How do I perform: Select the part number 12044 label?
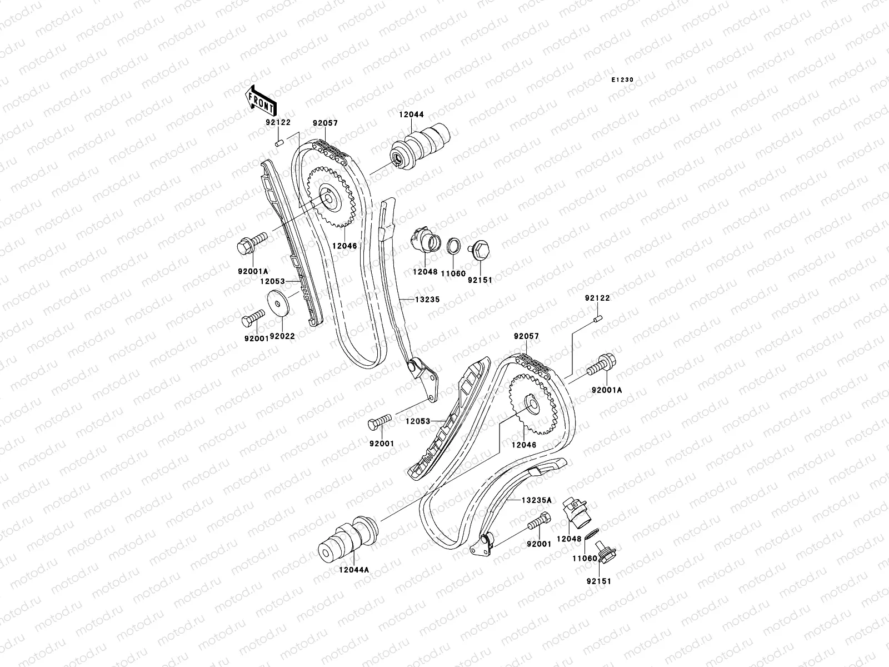click(411, 115)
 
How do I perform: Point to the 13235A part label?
click(536, 500)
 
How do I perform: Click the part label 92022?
click(282, 336)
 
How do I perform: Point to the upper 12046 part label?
click(346, 245)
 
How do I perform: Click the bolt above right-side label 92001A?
click(603, 366)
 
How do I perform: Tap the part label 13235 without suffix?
click(427, 299)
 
